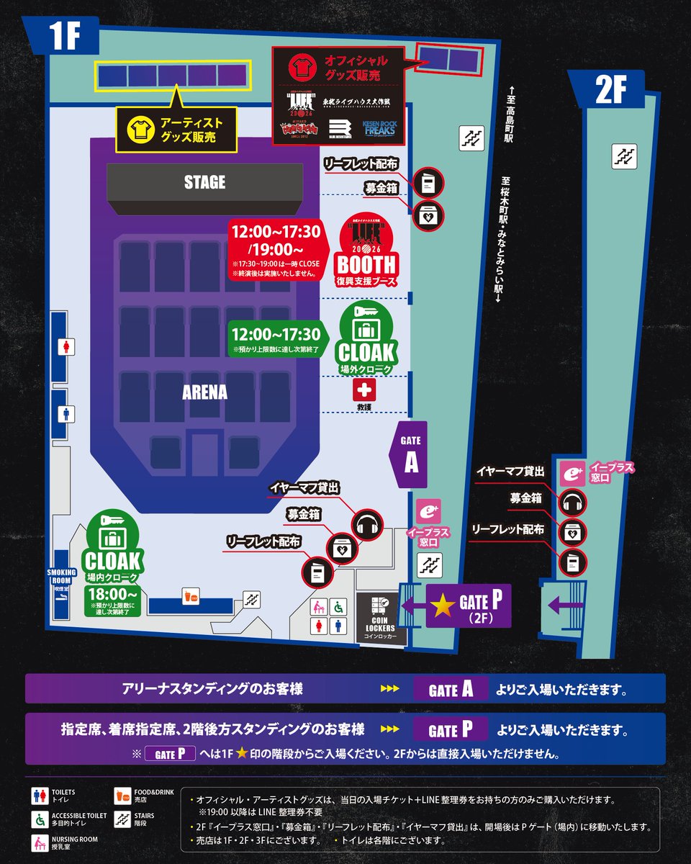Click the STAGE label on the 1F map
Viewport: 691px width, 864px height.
click(204, 182)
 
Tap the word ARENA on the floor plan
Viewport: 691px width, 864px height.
click(204, 392)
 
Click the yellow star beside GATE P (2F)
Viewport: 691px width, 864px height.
click(443, 606)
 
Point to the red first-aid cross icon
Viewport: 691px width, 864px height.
click(364, 391)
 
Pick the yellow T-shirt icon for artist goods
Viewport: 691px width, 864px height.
click(139, 130)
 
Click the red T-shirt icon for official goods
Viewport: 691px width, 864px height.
click(299, 67)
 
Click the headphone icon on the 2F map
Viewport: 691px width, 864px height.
click(574, 502)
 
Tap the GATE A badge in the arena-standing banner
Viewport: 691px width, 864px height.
click(451, 689)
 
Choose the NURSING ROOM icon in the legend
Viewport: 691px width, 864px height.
click(38, 842)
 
